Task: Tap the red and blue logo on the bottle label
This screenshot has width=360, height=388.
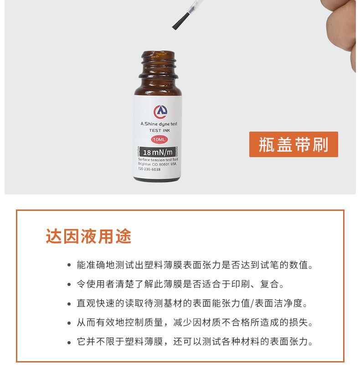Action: pos(160,112)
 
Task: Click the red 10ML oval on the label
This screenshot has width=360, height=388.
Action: pos(159,139)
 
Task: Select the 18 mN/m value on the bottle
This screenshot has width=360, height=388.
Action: pos(158,152)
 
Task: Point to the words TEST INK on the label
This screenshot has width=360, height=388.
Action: pos(159,130)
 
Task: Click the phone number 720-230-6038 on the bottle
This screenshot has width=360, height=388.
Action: pos(149,169)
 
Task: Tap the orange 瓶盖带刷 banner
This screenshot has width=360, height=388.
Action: pos(293,144)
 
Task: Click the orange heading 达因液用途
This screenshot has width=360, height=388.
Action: pos(88,236)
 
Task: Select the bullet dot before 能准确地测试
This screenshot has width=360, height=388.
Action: pos(69,265)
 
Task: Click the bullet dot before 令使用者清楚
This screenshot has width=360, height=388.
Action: pos(69,285)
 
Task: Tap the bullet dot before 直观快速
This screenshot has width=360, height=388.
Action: pos(69,304)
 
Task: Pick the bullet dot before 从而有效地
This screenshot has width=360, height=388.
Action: pos(69,323)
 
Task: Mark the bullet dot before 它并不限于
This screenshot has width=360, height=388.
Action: pos(69,342)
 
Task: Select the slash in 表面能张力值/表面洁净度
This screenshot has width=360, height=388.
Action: pos(252,303)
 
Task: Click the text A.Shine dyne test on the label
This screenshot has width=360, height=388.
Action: pos(159,124)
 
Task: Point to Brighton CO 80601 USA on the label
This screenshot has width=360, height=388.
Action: pos(157,164)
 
